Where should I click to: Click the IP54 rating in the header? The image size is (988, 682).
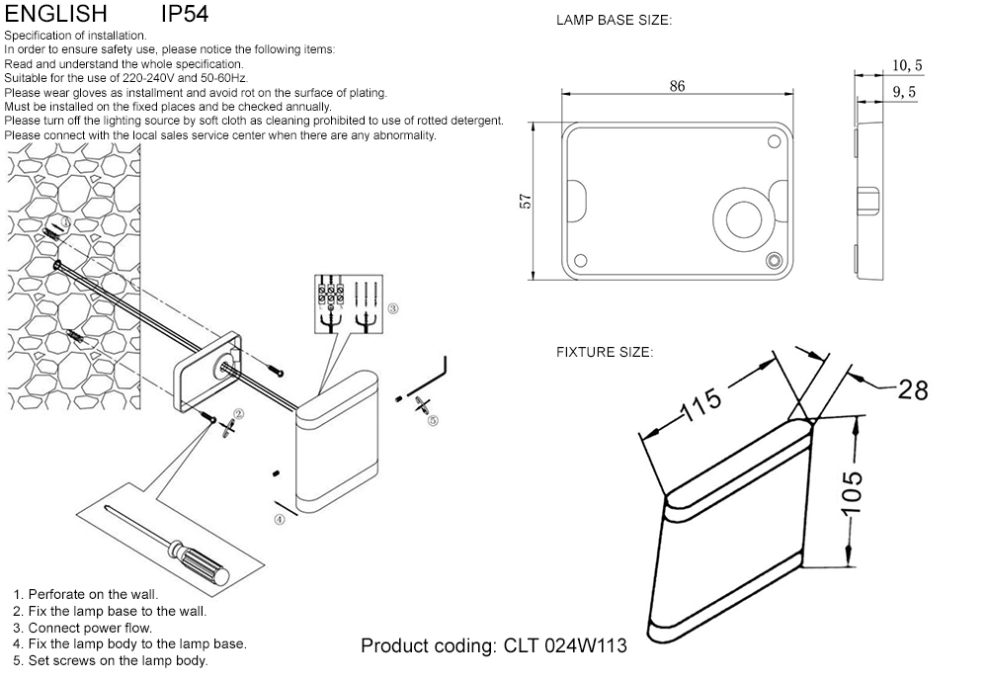[184, 15]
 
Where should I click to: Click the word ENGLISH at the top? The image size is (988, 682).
[55, 15]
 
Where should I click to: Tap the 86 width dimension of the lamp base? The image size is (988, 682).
[677, 86]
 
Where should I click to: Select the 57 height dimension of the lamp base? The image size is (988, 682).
[527, 201]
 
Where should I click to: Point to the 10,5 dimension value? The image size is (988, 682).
[906, 65]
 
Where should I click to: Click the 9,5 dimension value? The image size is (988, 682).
[904, 92]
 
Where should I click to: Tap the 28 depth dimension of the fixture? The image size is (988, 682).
[913, 389]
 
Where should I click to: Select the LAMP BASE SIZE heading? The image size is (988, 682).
[614, 20]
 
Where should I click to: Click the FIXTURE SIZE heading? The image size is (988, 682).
[604, 352]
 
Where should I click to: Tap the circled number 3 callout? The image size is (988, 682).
[392, 308]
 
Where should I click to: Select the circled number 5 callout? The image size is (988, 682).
[433, 420]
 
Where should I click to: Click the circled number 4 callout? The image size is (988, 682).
[280, 518]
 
